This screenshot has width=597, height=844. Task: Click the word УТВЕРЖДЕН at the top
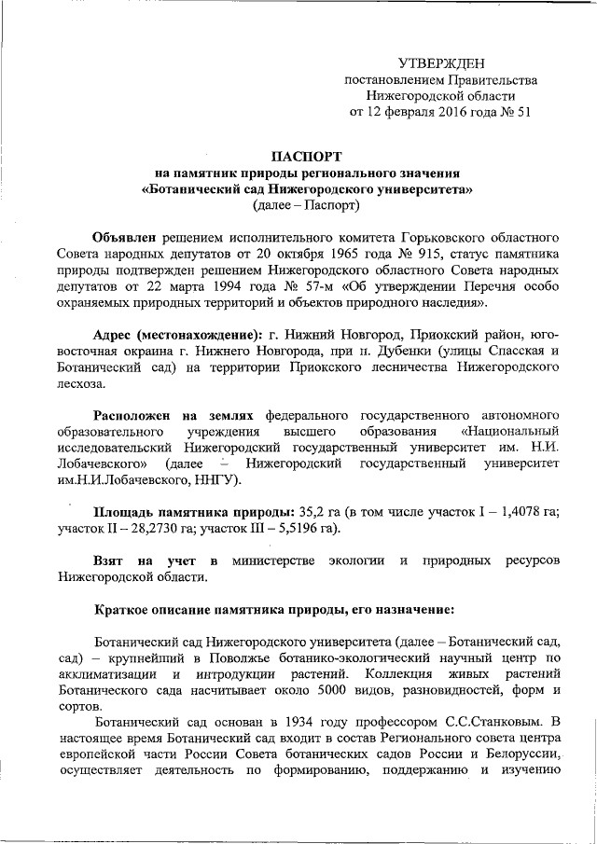441,63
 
